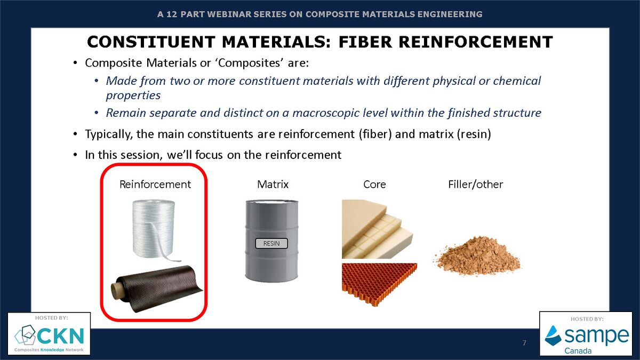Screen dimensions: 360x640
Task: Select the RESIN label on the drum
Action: pyautogui.click(x=271, y=244)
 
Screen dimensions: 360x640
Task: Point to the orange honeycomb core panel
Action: pyautogui.click(x=377, y=283)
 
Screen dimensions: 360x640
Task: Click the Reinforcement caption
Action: pyautogui.click(x=155, y=185)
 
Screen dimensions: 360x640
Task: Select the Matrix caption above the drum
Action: pyautogui.click(x=273, y=185)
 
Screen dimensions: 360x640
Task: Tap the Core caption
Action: pyautogui.click(x=374, y=185)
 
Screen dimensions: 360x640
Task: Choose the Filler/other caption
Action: pyautogui.click(x=475, y=185)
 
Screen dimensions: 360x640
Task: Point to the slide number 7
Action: pyautogui.click(x=524, y=342)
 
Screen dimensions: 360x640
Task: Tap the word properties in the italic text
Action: pyautogui.click(x=133, y=95)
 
